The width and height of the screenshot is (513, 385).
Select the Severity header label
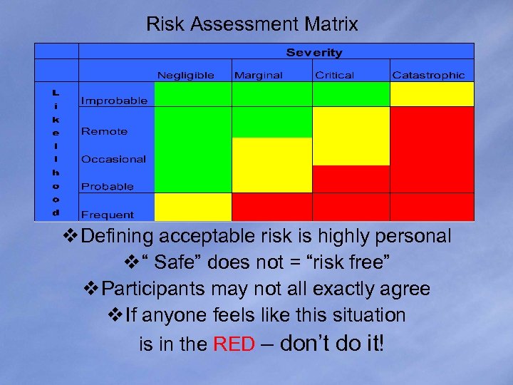pos(314,53)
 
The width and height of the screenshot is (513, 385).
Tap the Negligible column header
pos(185,75)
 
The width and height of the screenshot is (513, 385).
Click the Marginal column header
pos(258,75)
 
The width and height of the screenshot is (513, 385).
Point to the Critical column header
pos(334,75)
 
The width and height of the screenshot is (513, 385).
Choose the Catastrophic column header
pos(427,75)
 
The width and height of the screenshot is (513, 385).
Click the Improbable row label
pos(114,101)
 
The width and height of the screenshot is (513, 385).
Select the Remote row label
pos(104,131)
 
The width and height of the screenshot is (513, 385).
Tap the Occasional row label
pos(113,159)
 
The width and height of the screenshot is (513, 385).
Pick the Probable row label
pos(107,186)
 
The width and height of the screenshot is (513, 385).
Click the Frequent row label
pos(107,214)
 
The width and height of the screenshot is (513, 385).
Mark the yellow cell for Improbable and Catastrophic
pos(431,94)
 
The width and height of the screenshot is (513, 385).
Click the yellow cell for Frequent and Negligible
pos(193,207)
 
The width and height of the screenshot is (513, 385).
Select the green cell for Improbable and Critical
pos(351,94)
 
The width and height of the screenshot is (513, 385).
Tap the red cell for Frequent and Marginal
pos(272,207)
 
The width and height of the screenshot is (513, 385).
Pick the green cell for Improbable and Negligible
pos(193,94)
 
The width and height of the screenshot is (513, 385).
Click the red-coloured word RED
pos(234,345)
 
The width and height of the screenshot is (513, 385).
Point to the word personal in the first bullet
pos(415,236)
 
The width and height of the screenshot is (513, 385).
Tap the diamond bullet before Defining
pos(71,236)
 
